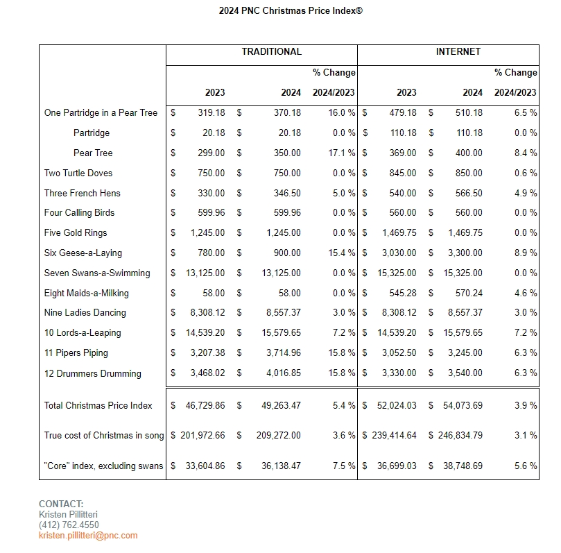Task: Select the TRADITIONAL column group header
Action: tap(271, 52)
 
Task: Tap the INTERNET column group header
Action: tap(458, 52)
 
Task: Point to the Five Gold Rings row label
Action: tap(76, 233)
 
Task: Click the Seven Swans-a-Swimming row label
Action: tap(97, 273)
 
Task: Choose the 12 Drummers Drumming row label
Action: tap(92, 374)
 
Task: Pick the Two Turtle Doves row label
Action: tap(78, 173)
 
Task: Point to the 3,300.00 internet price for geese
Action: tap(464, 253)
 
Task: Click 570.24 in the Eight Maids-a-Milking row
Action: tap(468, 293)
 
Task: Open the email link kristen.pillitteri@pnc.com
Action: tap(88, 536)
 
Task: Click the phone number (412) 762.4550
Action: tap(69, 525)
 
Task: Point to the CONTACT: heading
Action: tap(61, 504)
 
